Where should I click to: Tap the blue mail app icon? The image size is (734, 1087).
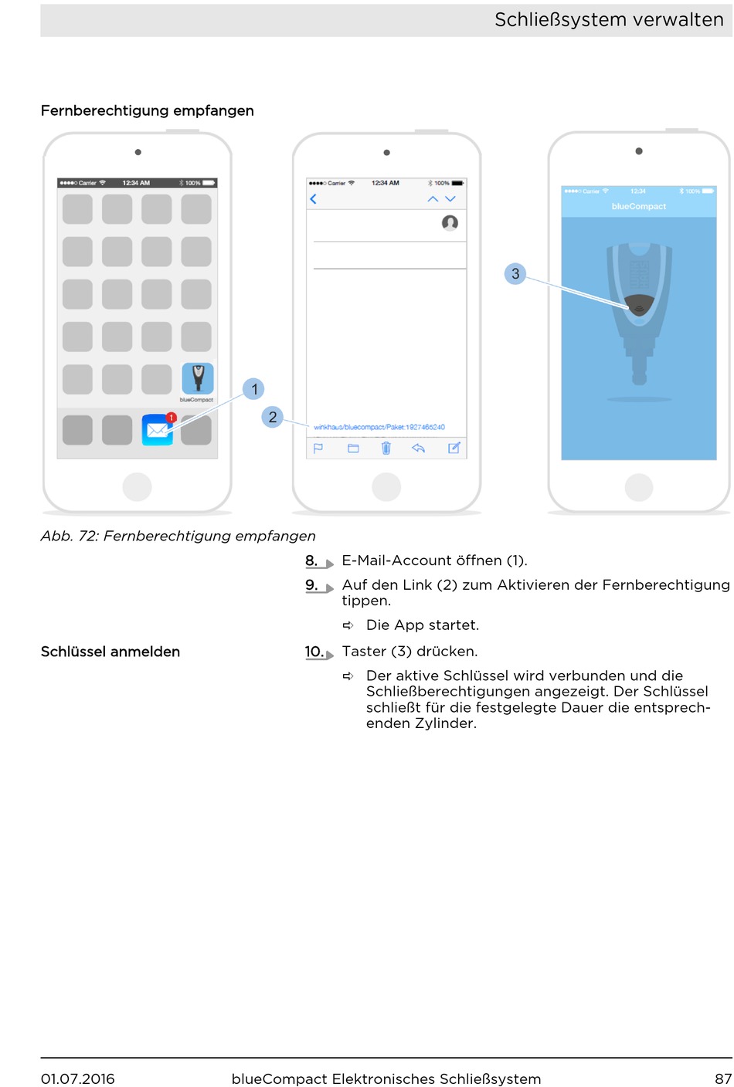(158, 429)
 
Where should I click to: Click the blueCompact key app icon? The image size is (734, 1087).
(197, 378)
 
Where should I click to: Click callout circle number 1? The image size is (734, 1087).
(253, 389)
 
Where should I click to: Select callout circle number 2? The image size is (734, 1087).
(273, 417)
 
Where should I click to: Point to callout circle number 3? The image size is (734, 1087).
(515, 274)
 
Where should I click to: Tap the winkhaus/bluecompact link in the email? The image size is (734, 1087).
(379, 427)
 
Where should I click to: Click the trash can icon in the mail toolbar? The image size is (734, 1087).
(386, 448)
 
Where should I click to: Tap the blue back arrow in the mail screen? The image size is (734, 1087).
(314, 199)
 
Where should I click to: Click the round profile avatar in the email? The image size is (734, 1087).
(450, 223)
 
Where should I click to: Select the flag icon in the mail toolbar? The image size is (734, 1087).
(318, 449)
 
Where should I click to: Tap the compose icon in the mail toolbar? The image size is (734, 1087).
(454, 448)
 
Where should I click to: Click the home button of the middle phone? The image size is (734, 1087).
(386, 487)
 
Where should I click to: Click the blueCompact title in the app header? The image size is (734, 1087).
(639, 206)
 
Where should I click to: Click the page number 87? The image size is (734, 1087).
(723, 1079)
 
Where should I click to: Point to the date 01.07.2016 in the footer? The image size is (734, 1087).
(78, 1079)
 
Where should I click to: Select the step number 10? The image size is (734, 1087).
(314, 652)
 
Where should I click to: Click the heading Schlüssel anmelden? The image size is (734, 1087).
(110, 652)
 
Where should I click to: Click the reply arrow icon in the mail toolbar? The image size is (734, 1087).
(418, 448)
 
